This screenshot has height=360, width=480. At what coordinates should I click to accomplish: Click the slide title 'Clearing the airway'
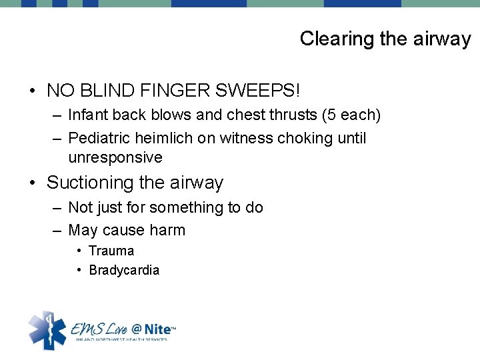385,39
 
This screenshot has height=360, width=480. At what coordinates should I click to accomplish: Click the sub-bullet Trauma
111,251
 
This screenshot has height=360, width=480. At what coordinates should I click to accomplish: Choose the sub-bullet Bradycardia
124,271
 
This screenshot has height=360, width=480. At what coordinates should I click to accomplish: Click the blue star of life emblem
46,329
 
